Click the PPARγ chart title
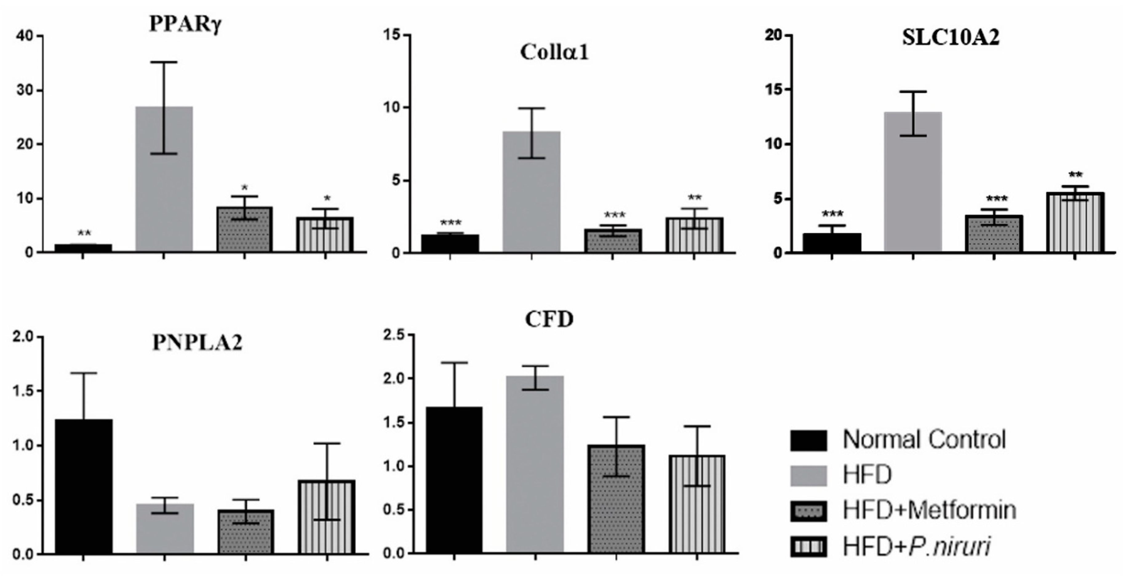[186, 24]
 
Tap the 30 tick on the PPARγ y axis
[26, 90]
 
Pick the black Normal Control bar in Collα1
[450, 243]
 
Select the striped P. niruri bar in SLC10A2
[1075, 223]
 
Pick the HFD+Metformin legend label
[929, 510]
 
